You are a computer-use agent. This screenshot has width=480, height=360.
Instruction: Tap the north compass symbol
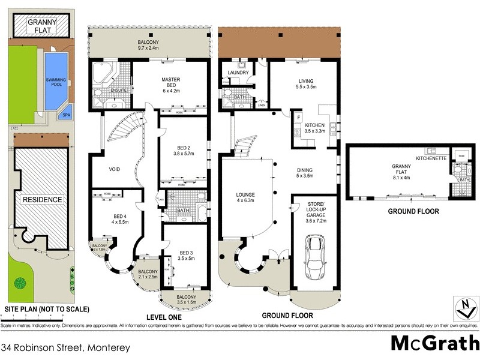[463, 308]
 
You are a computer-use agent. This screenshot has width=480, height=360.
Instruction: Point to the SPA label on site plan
[63, 116]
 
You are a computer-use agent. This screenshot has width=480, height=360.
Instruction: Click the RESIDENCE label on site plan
[43, 199]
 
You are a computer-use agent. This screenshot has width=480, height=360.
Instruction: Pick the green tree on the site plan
[20, 281]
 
